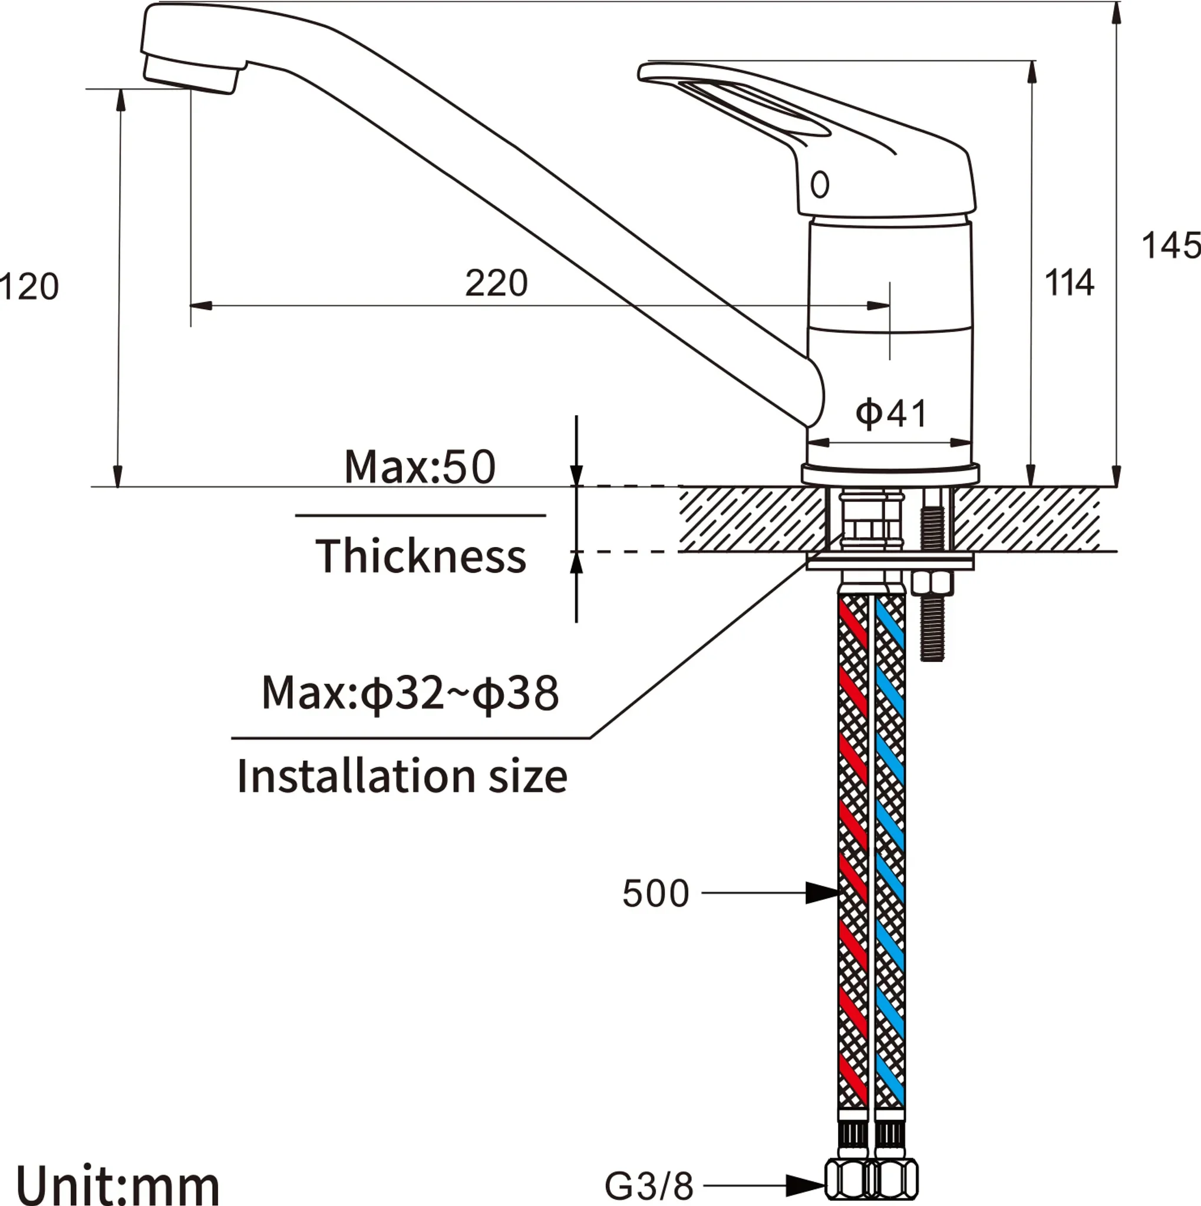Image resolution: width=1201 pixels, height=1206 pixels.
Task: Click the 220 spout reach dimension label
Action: pos(497,283)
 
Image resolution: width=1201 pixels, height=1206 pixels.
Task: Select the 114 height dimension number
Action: pos(1069,282)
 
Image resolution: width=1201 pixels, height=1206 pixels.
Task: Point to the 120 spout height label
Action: pos(29,287)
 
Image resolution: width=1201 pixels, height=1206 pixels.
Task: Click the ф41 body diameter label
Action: pos(891,413)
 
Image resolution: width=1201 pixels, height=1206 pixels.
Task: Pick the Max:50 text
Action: pos(420,466)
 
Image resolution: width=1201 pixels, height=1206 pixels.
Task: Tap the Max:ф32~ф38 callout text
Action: pos(410,693)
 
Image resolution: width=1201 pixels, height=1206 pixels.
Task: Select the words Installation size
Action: pos(402,776)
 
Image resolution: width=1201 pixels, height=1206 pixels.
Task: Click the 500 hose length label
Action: pos(656,893)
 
